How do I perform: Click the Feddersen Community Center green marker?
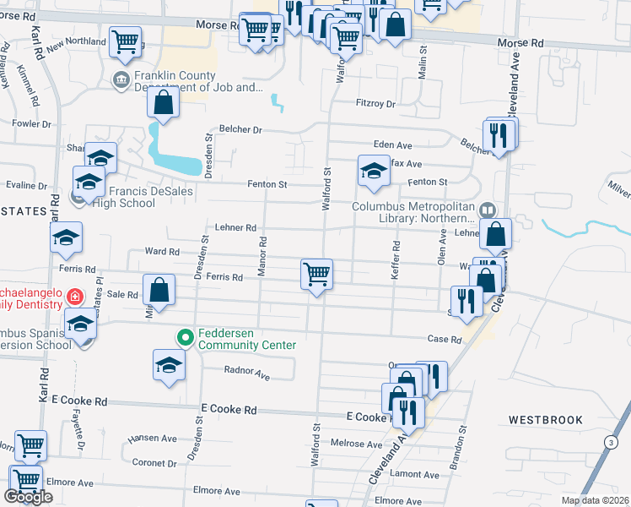click(186, 337)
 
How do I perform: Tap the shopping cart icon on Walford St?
click(316, 274)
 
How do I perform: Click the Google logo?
click(28, 498)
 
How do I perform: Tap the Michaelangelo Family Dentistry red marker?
click(75, 297)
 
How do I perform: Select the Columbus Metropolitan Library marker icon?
click(487, 210)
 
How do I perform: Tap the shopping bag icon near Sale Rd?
click(159, 291)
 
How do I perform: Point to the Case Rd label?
click(445, 340)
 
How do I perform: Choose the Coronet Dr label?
click(154, 463)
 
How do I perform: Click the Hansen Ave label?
click(153, 439)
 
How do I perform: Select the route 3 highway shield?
click(609, 442)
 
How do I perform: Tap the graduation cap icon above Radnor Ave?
click(169, 365)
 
